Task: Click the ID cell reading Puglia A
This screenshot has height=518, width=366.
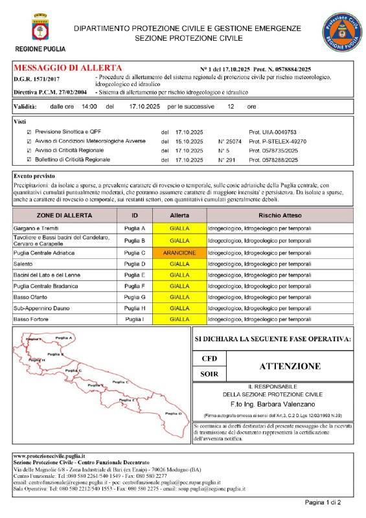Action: click(x=135, y=229)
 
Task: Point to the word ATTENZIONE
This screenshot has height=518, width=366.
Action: click(x=290, y=366)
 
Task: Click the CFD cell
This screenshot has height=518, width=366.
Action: click(x=210, y=357)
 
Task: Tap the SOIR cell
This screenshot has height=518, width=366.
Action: click(x=210, y=374)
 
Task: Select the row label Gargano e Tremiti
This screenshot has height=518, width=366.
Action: click(x=38, y=229)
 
